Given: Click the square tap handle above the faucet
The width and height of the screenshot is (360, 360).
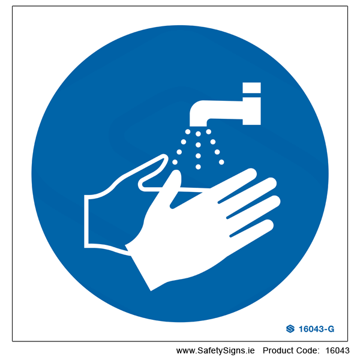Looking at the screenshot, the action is point(251,88).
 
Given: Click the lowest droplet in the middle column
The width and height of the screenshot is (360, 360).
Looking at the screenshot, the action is point(198,167).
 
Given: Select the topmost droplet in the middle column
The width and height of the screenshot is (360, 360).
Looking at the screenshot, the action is point(198,134).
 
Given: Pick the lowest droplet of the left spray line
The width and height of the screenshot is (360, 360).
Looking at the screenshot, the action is point(175,162).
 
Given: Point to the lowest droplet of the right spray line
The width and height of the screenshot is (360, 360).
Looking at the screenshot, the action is point(221,162).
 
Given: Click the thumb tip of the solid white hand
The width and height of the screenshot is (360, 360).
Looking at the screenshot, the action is point(176,173).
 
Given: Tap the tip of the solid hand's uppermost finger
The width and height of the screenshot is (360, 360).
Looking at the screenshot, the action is point(251,173).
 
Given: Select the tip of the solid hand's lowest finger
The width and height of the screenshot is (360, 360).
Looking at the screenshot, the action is point(268,224).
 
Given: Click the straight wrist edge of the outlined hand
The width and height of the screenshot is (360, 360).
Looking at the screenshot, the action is point(86,221).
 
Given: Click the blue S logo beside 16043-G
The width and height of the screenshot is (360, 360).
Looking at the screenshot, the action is point(290,329).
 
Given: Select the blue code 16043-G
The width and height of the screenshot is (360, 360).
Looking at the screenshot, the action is point(316,329).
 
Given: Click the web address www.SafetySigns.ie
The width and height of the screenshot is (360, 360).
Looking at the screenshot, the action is point(215,350).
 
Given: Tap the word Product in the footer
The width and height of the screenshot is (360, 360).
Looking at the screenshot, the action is point(278,350).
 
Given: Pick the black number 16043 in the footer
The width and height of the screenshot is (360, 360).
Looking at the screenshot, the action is point(337,350).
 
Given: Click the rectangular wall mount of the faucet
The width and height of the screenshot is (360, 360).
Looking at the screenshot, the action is point(251,111).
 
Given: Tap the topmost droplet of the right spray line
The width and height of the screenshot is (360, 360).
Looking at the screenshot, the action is point(208,131).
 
